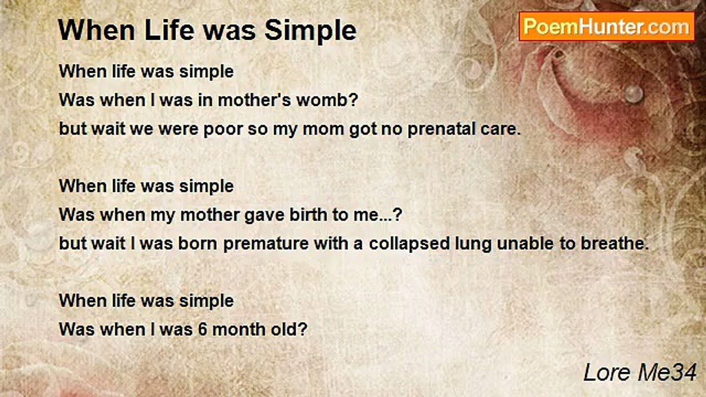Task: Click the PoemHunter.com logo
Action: point(607,26)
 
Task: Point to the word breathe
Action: point(614,244)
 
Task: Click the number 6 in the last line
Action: point(202,330)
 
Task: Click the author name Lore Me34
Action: point(640,373)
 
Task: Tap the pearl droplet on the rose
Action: point(634,94)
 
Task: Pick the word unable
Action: point(525,244)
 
